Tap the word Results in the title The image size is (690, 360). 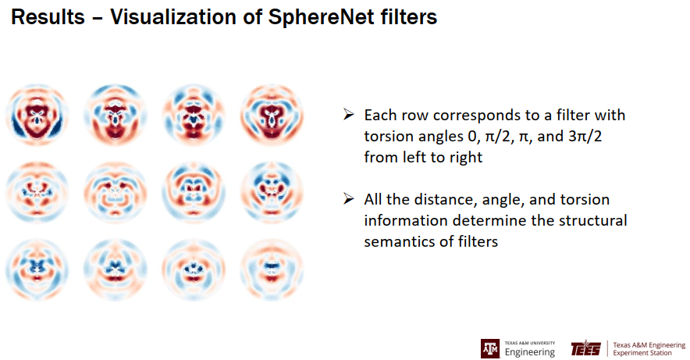[x=48, y=17]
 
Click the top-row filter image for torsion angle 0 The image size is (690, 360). [x=37, y=116]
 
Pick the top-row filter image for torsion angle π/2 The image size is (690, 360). [x=116, y=116]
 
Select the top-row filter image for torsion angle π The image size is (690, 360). [x=194, y=116]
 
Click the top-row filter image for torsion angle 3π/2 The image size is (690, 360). [x=272, y=116]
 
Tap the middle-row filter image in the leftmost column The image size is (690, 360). [x=37, y=192]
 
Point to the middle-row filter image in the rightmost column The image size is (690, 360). [x=272, y=192]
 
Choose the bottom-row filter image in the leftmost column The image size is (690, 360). [x=37, y=269]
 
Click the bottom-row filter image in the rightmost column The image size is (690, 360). [x=272, y=269]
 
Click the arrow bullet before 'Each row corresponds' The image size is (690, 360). [x=349, y=115]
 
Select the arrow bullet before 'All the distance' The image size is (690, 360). [x=349, y=199]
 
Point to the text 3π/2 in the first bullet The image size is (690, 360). [x=585, y=137]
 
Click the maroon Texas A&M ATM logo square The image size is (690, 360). [x=489, y=348]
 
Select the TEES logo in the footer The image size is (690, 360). [x=585, y=348]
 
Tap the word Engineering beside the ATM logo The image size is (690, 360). [x=530, y=352]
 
